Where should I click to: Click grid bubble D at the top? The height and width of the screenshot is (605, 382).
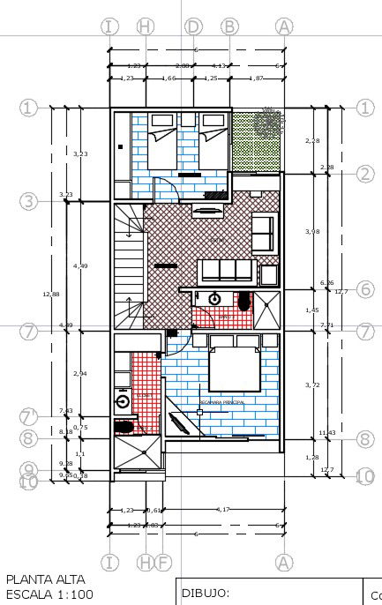click(193, 26)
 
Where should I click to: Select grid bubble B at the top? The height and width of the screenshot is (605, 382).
click(229, 26)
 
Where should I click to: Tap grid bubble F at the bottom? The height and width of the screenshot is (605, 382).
click(162, 562)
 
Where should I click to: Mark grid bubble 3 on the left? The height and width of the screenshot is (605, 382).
click(29, 202)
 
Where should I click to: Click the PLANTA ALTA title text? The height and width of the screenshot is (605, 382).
click(45, 579)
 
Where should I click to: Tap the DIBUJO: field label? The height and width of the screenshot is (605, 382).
click(205, 593)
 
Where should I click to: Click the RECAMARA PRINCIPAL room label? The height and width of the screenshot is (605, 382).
click(221, 402)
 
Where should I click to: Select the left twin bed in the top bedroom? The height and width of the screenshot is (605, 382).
click(161, 141)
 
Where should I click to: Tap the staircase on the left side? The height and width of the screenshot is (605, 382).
click(128, 265)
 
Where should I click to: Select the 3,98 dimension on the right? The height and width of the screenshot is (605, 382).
click(311, 231)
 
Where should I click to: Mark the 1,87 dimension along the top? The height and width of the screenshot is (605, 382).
click(256, 79)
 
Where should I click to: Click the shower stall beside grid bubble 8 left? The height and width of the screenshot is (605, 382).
click(138, 453)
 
